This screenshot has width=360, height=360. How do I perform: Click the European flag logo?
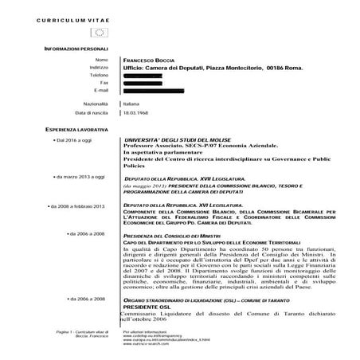(100, 33)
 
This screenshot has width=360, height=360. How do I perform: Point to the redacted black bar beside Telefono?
(150, 75)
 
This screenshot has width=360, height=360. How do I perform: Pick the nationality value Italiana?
(131, 104)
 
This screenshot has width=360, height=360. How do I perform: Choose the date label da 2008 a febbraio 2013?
(77, 206)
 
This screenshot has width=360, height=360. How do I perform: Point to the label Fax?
(103, 82)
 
